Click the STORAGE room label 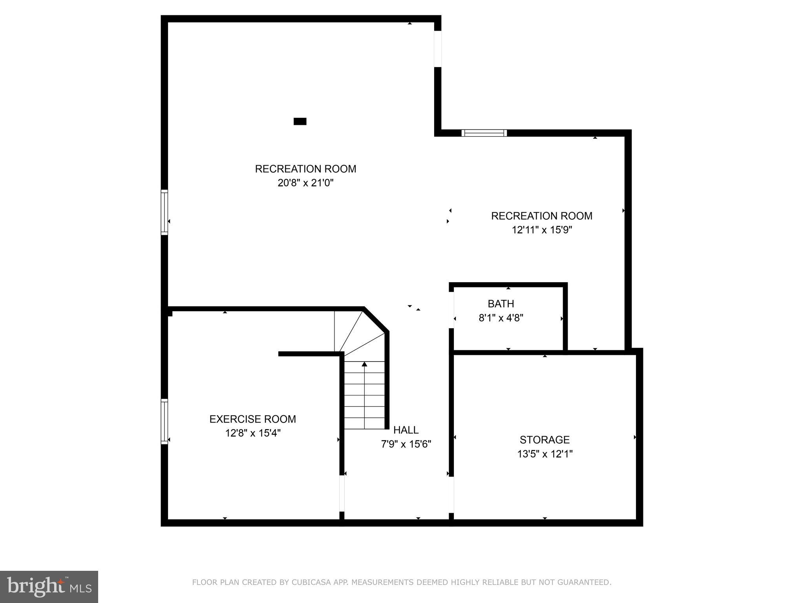point(545,439)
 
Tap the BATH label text point(501,303)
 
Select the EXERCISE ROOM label point(252,419)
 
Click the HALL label point(406,430)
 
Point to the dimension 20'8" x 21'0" point(305,183)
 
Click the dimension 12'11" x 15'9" point(542,230)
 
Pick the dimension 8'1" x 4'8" point(501,318)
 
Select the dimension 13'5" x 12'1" point(545,454)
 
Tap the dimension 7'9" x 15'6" point(406,444)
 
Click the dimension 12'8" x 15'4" point(252,433)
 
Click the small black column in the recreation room point(300,121)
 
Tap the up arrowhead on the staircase point(364,364)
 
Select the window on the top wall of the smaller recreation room point(484,133)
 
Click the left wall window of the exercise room point(164,422)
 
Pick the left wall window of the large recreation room point(164,212)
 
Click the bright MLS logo point(49,587)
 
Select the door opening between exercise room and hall point(342,493)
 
